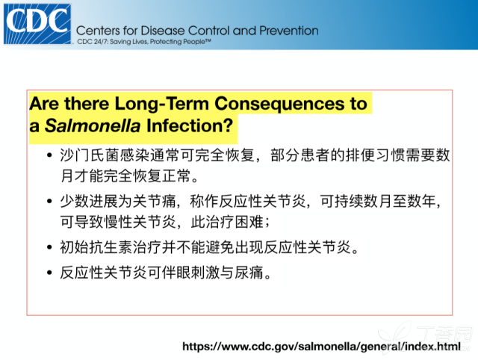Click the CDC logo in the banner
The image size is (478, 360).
click(x=37, y=24)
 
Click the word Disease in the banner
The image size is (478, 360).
click(x=163, y=31)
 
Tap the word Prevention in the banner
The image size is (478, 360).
click(x=289, y=31)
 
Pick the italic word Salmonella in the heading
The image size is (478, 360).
click(x=93, y=125)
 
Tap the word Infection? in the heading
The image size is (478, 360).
click(x=190, y=125)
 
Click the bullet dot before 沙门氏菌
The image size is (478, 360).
click(x=49, y=155)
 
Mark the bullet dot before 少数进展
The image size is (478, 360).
click(x=49, y=201)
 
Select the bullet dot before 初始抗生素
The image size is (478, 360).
click(x=49, y=247)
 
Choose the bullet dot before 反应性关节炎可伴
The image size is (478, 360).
click(x=49, y=272)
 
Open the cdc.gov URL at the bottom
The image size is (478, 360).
click(x=322, y=347)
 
